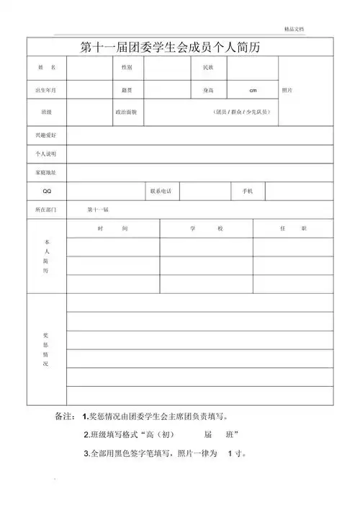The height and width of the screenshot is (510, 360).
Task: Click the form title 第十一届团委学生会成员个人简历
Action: [180, 48]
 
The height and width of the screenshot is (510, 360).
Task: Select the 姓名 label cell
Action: [47, 67]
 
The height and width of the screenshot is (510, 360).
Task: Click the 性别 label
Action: [127, 67]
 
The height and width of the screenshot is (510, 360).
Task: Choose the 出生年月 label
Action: [47, 90]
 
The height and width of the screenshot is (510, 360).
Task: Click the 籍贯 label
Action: [127, 90]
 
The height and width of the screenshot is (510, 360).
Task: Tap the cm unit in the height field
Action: [253, 90]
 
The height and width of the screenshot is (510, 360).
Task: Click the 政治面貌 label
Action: [127, 112]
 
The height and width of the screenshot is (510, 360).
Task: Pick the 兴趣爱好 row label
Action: [47, 135]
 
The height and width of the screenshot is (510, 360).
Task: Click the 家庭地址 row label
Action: [47, 173]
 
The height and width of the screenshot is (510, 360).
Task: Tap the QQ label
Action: [47, 191]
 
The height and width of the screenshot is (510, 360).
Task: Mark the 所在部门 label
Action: [47, 210]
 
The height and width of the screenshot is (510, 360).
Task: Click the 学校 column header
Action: [207, 228]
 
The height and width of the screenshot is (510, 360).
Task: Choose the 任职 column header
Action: [293, 228]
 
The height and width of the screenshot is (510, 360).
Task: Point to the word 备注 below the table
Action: [65, 417]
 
